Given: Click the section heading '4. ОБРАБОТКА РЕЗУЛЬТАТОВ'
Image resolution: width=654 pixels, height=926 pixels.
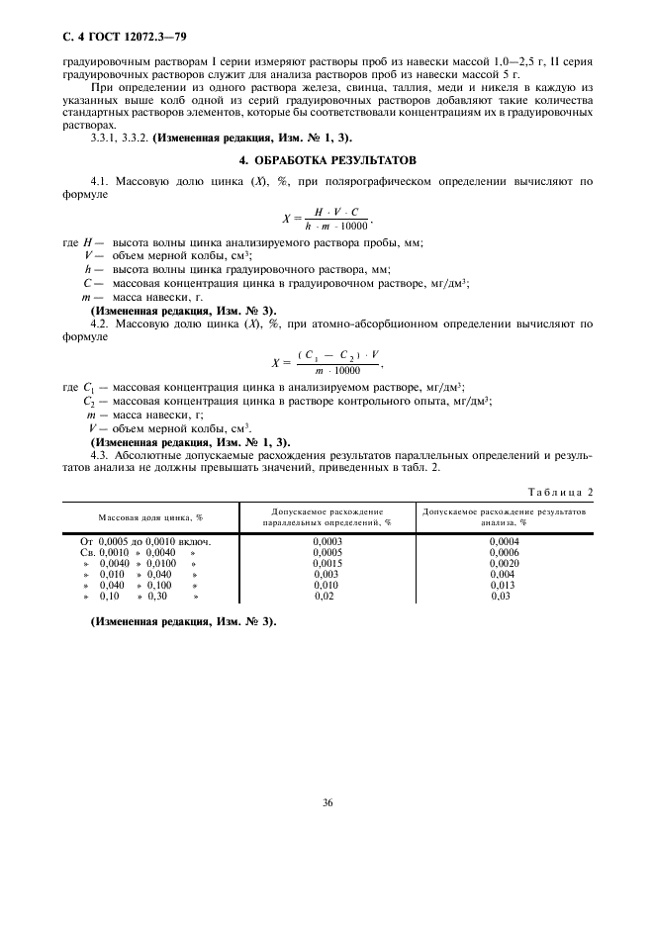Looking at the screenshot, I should click(x=327, y=159).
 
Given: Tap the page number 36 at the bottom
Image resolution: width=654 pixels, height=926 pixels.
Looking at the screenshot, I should click(x=327, y=802).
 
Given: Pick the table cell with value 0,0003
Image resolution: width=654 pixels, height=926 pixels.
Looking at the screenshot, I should click(x=327, y=542).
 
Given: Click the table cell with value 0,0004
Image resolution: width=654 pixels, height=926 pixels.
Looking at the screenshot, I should click(x=504, y=542).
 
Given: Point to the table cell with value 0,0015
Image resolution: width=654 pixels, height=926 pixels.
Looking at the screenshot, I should click(x=327, y=563).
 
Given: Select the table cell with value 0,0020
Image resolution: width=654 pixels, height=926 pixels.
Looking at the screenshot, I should click(x=504, y=563).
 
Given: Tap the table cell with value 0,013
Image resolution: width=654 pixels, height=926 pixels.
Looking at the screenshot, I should click(x=504, y=586).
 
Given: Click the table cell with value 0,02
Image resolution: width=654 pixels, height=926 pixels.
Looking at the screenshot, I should click(x=325, y=597).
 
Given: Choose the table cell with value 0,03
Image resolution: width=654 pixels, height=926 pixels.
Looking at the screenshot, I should click(x=502, y=597).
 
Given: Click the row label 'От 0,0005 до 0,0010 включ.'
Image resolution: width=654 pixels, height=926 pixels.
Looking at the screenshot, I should click(x=145, y=542).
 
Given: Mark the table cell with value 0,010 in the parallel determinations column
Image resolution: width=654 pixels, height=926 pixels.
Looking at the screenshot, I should click(x=327, y=586).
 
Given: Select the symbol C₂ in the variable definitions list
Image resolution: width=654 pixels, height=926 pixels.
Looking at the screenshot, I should click(x=89, y=401).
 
